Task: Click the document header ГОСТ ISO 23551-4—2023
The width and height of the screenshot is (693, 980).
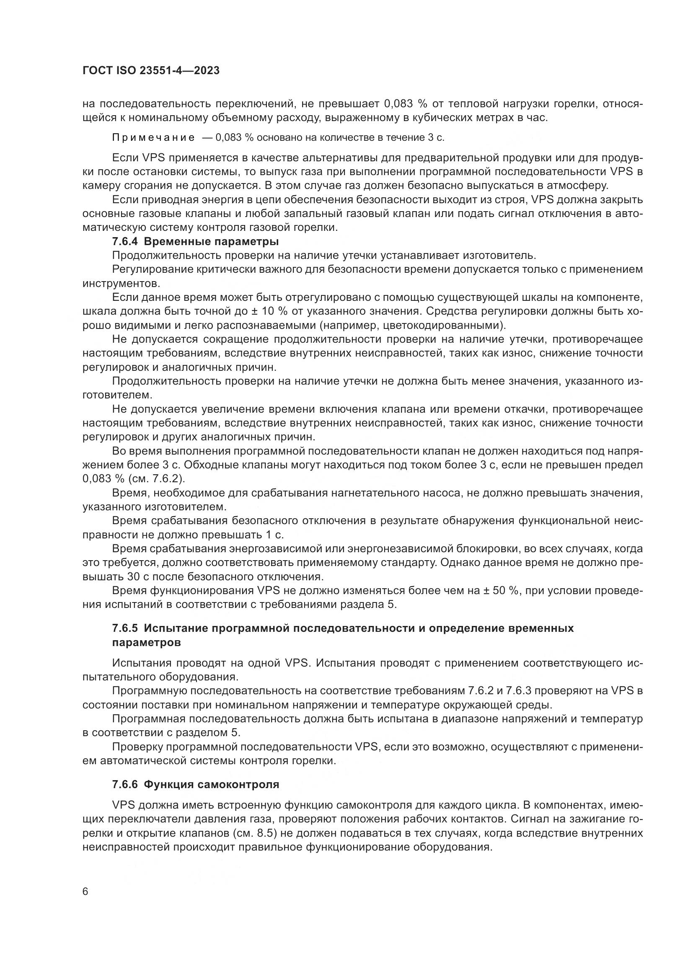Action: pos(151,71)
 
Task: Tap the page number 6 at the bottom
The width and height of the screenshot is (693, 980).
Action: pos(85,892)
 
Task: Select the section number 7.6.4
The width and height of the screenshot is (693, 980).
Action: pos(125,242)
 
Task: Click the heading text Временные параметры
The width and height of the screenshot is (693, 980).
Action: pos(212,242)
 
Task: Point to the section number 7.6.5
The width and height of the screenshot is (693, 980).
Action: pos(125,628)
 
